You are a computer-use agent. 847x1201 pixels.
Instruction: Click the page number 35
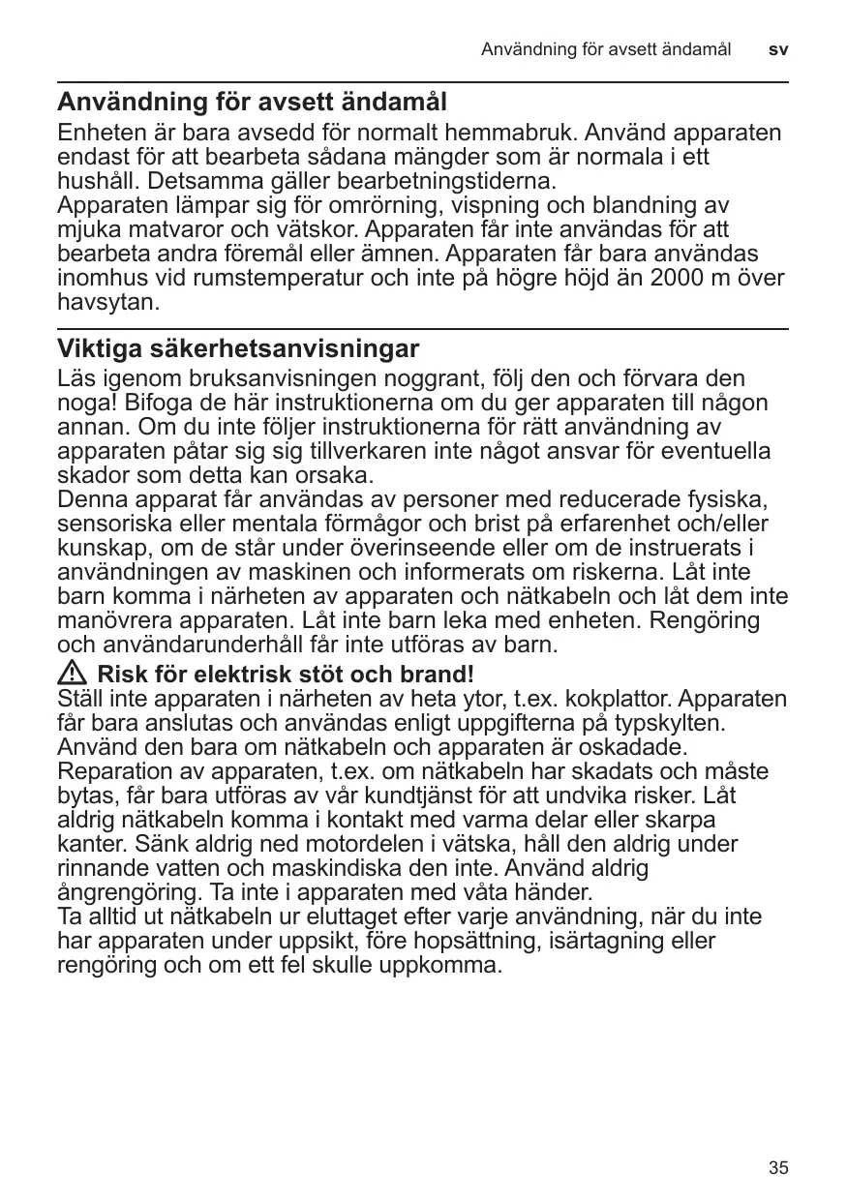click(778, 1168)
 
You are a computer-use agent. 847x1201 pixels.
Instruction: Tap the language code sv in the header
click(778, 48)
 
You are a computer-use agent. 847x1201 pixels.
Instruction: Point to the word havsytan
click(106, 303)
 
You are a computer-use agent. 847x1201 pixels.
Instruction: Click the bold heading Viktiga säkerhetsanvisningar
click(238, 348)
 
